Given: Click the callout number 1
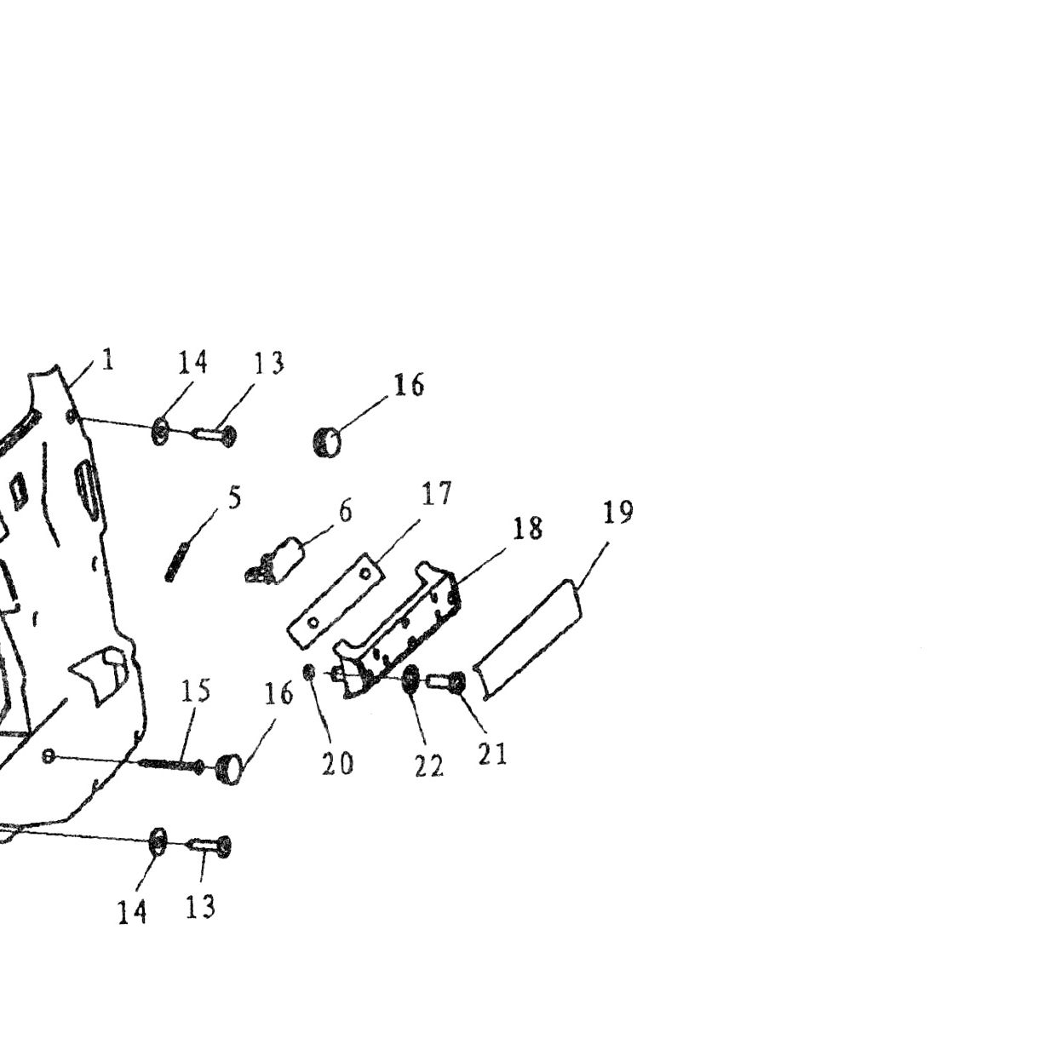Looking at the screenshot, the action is [x=108, y=359].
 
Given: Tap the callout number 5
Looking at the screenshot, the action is [x=234, y=497].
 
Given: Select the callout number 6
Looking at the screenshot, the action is [x=345, y=511].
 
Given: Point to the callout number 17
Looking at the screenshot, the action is [x=436, y=493].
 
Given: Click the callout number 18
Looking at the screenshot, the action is [x=528, y=528].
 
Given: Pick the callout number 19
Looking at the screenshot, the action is [x=617, y=512].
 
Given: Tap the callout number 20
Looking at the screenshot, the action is [x=337, y=764].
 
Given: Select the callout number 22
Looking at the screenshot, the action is [x=428, y=766].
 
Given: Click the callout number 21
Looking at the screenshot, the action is [x=492, y=754].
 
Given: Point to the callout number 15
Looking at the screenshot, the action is [x=196, y=691].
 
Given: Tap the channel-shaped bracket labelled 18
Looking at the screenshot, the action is [x=398, y=629].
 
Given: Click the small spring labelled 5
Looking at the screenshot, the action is [x=177, y=562].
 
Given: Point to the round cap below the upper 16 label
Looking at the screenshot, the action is [x=327, y=442].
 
